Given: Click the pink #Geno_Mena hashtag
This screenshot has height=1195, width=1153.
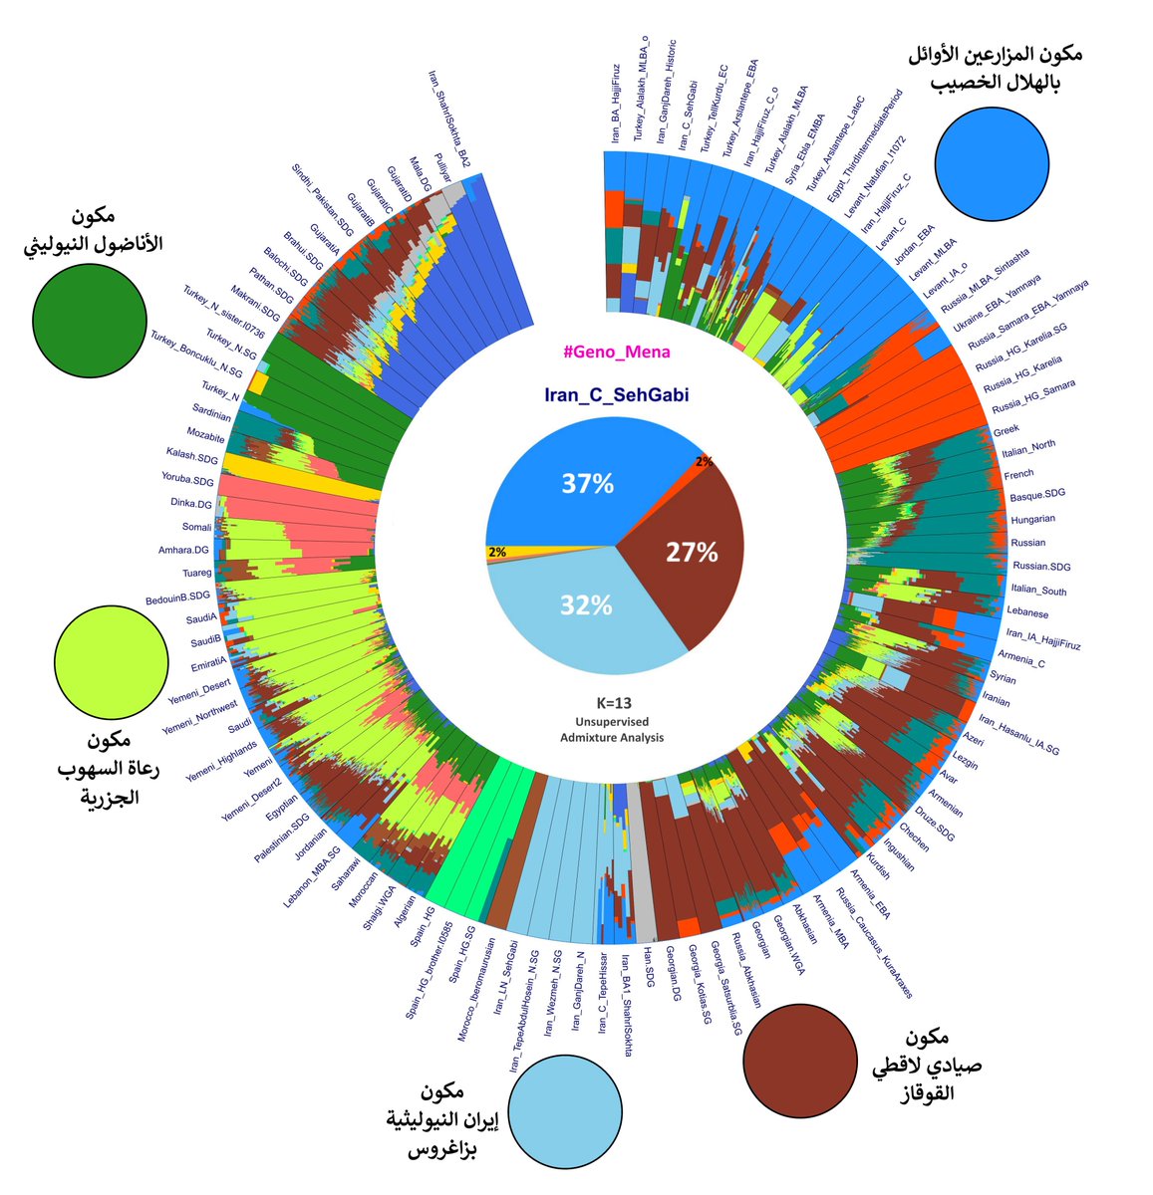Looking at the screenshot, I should tap(616, 352).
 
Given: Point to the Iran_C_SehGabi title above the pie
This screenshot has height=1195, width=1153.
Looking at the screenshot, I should tap(616, 395).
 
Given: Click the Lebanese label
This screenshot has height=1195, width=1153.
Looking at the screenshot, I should tap(1026, 613).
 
